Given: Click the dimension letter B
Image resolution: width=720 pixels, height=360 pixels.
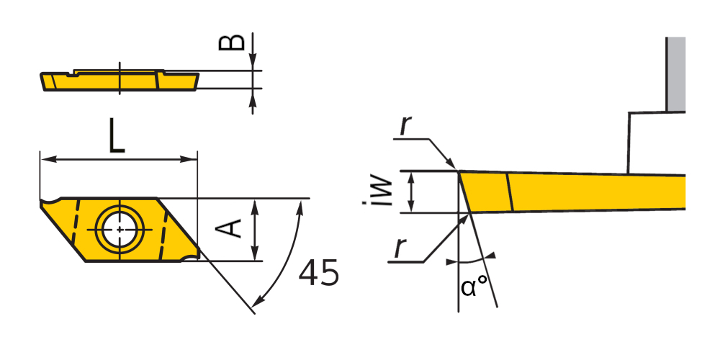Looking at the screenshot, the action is tap(231, 41).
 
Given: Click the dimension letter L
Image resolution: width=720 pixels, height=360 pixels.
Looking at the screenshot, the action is tap(117, 135).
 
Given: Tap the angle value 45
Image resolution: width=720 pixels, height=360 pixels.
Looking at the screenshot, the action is tap(319, 273).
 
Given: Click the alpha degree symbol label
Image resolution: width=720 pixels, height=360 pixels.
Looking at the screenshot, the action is tap(474, 287).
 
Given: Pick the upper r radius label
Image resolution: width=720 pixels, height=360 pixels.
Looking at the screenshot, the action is tap(404, 125).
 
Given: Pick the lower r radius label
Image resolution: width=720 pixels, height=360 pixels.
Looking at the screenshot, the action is tap(400, 248).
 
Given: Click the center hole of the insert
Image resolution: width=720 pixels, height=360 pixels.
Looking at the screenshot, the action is tap(120, 229).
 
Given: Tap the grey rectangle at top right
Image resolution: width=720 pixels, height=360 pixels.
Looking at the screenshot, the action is tap(675, 74).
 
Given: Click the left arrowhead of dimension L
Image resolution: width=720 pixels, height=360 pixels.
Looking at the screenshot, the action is tap(49, 159).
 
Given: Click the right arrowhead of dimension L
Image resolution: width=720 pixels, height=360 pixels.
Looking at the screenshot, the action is tap(188, 159).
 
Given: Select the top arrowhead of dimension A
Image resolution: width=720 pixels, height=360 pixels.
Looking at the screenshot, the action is tap(256, 207).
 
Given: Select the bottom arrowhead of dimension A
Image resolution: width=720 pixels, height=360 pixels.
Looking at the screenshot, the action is tap(256, 252).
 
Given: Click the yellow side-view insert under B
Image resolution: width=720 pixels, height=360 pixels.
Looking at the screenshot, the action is tap(120, 81).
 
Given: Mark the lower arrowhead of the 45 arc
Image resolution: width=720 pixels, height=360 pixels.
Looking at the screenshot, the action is tap(258, 301).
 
